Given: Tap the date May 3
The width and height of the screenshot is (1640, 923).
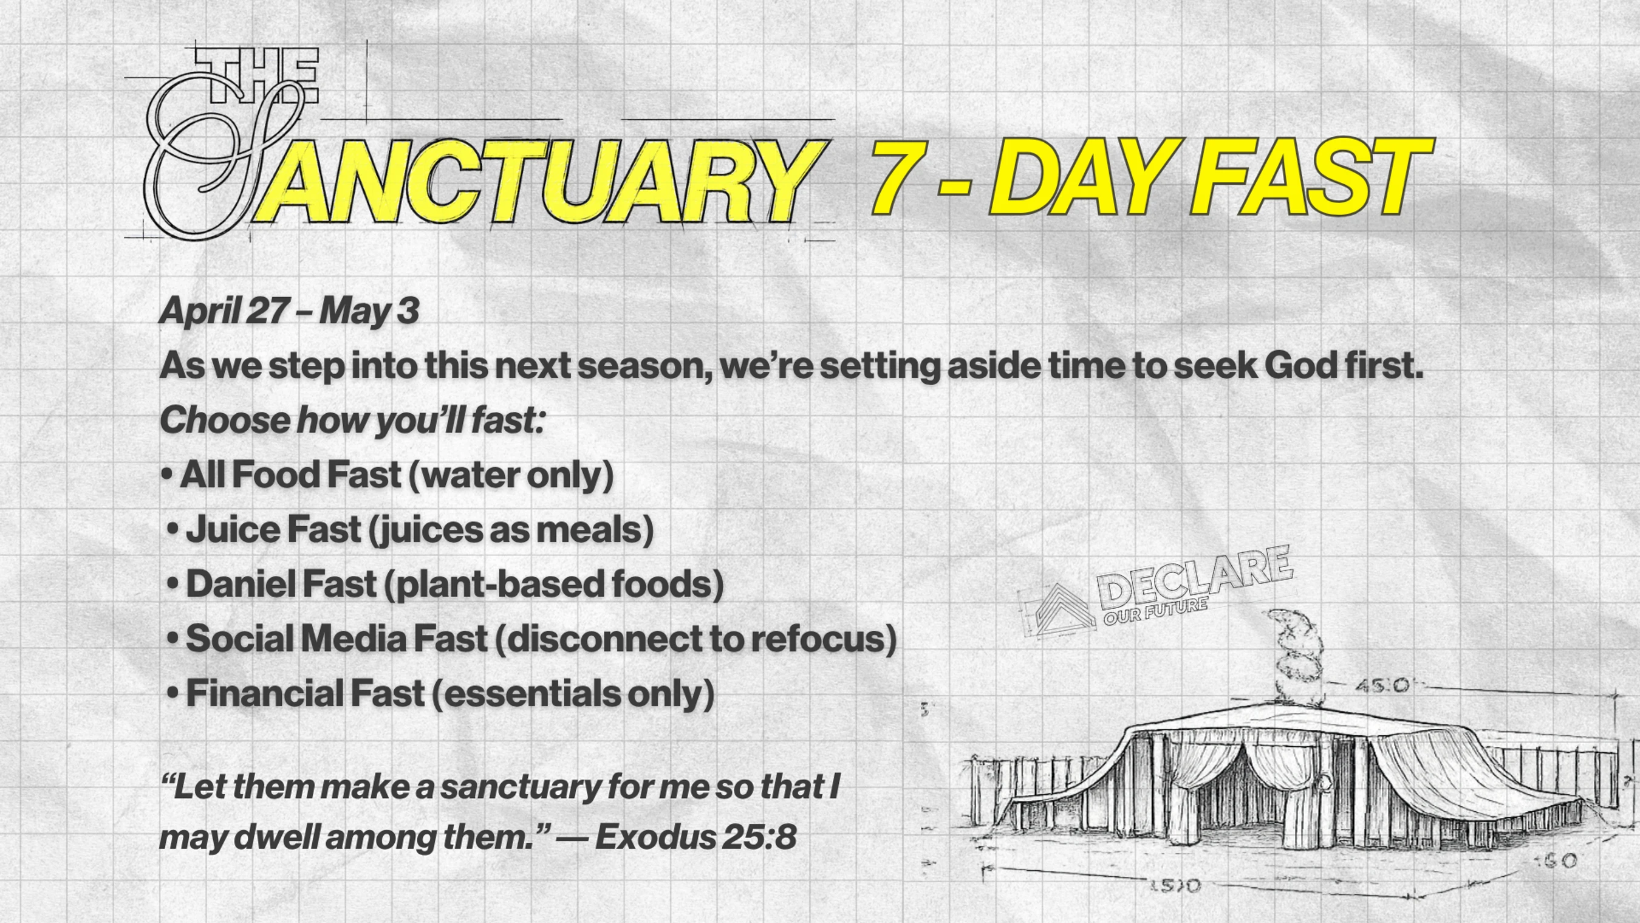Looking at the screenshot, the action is (x=370, y=311).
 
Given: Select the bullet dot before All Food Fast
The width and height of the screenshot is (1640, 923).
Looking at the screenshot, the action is (x=168, y=476).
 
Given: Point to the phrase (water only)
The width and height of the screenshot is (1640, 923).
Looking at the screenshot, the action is (x=511, y=476).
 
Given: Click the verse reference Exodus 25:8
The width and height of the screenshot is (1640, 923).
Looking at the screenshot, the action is (x=696, y=836).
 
